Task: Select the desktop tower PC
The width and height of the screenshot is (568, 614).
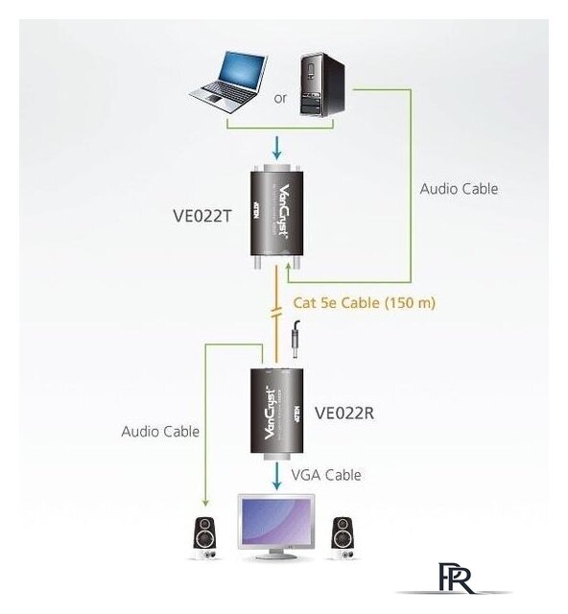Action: [x=322, y=84]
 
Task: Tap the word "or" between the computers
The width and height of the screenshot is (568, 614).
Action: [x=280, y=98]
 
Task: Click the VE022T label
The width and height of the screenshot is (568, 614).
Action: [x=202, y=216]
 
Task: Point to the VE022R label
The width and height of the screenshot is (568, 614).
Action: [x=344, y=413]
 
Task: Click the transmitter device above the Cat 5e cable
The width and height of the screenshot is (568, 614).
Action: [x=277, y=217]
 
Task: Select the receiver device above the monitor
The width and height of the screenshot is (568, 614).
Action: [x=277, y=413]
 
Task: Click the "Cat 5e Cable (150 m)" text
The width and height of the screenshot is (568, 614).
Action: [x=365, y=303]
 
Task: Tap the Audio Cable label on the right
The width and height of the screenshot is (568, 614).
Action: [x=459, y=189]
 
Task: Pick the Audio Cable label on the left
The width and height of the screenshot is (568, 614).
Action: [x=160, y=432]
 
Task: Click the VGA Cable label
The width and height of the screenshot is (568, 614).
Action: [x=326, y=475]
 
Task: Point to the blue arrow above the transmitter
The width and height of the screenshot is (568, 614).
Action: [x=277, y=148]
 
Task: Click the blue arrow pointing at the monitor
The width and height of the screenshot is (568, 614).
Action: [x=277, y=476]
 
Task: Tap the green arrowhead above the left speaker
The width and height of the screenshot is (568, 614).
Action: [x=205, y=502]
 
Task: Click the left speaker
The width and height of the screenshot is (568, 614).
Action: [x=205, y=538]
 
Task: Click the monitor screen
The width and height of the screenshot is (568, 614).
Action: [x=277, y=522]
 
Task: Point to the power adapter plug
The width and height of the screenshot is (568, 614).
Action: [x=296, y=340]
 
